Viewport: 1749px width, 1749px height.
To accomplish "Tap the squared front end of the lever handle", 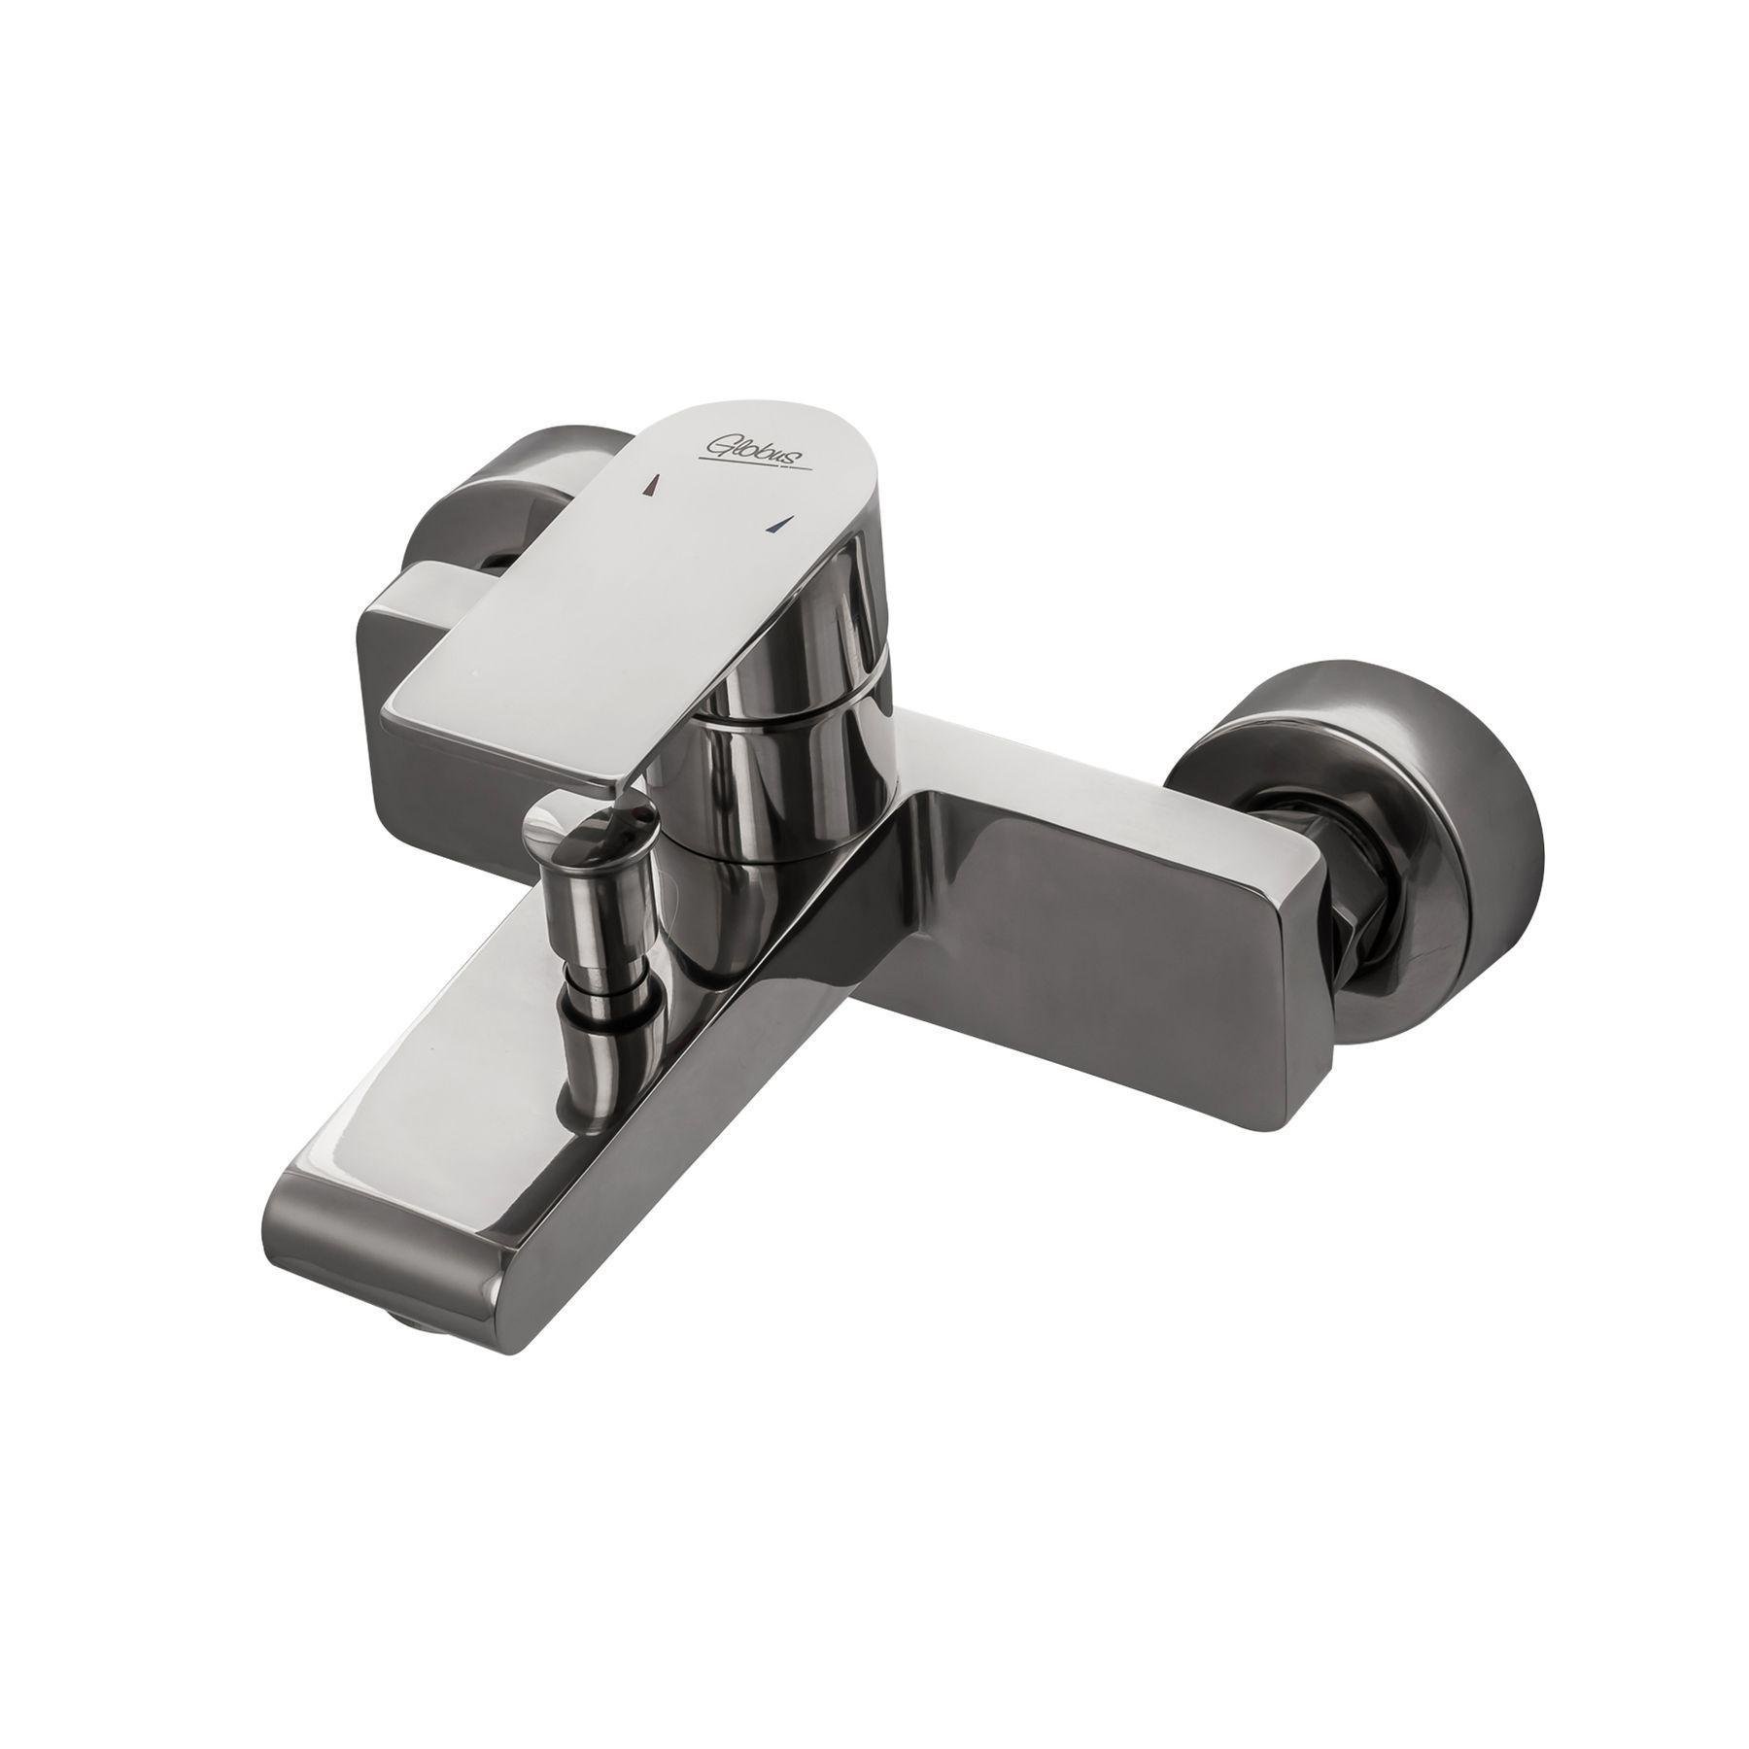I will (x=505, y=719).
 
